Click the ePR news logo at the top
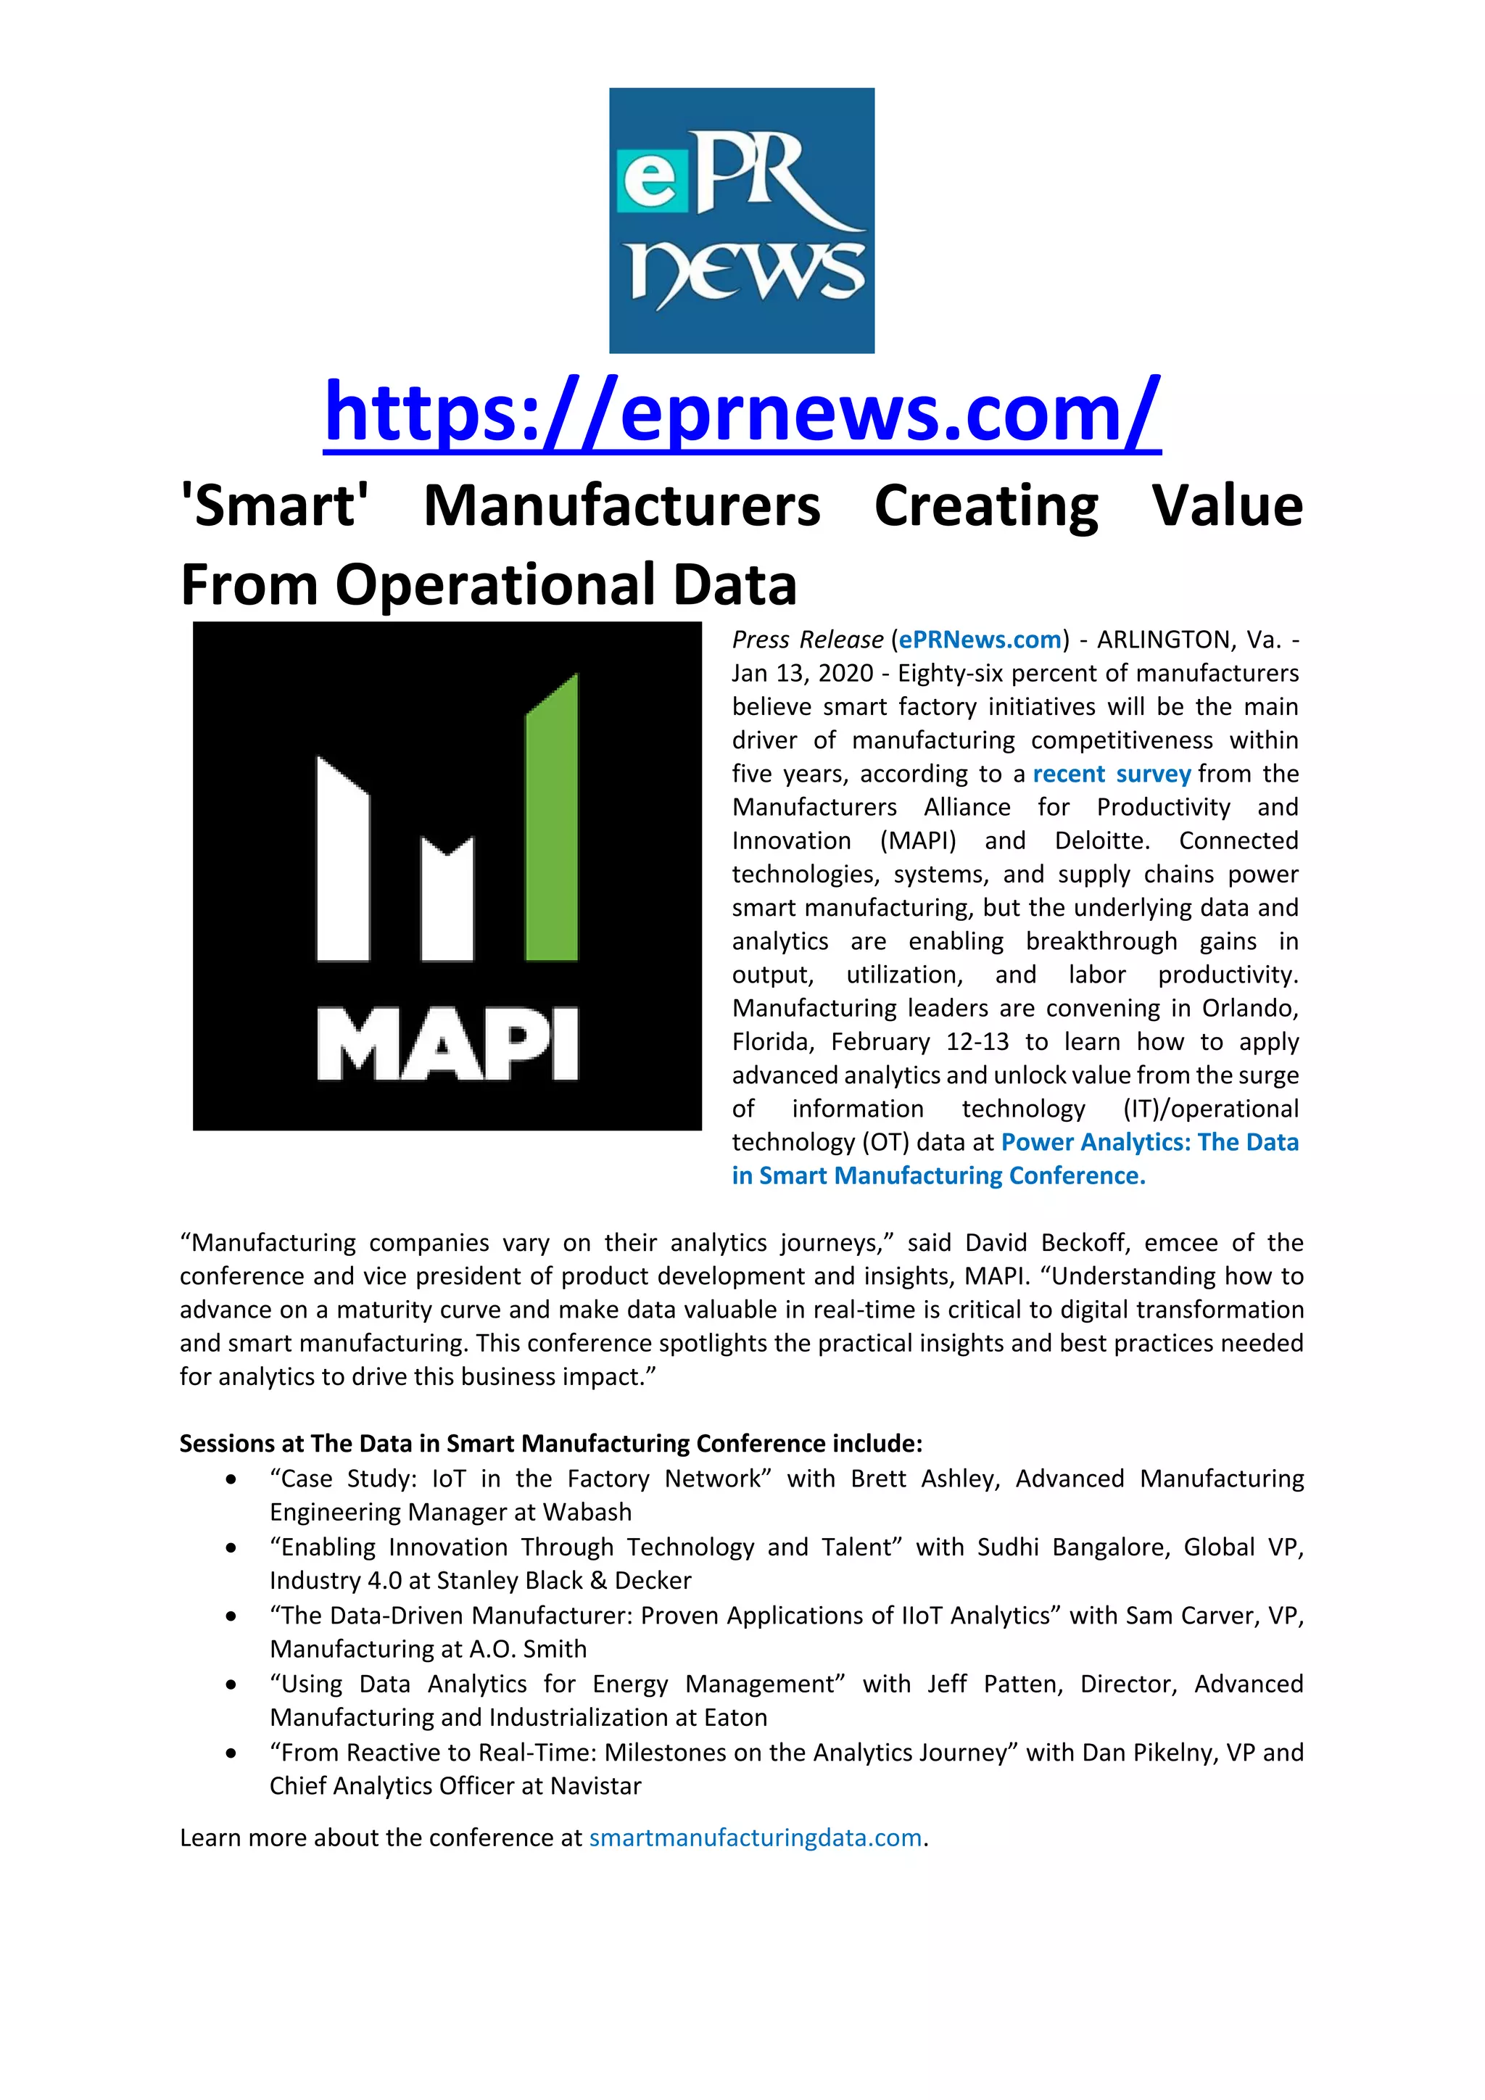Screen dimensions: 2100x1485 742,220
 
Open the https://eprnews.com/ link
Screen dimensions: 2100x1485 742,413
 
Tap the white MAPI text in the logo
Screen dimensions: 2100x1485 447,1044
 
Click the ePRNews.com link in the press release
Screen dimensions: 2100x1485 980,640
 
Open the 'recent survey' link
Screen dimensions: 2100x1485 1111,774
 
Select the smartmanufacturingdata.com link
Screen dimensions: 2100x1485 756,1837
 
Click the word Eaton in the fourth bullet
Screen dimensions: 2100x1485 735,1718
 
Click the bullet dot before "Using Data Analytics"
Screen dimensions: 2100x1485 231,1684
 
